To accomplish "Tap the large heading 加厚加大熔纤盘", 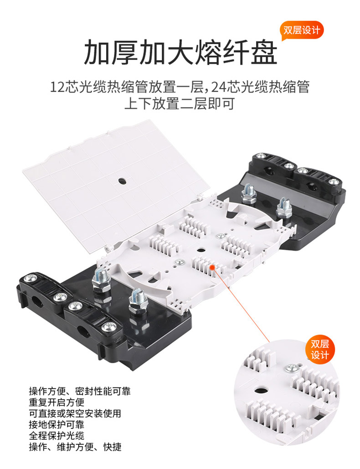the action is [180, 53].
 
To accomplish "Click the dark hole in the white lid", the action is [122, 181].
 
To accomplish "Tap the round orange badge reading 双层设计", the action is [320, 349].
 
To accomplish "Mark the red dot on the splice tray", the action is [213, 267].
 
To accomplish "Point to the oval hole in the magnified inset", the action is [261, 390].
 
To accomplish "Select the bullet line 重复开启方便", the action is [57, 402].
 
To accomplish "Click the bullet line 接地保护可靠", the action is [57, 424].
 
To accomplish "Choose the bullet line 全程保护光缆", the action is [57, 436].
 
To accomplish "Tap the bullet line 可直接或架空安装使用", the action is [75, 413].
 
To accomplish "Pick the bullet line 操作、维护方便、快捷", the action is [75, 447].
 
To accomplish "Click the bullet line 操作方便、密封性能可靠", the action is [80, 391].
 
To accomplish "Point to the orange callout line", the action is [241, 304].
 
